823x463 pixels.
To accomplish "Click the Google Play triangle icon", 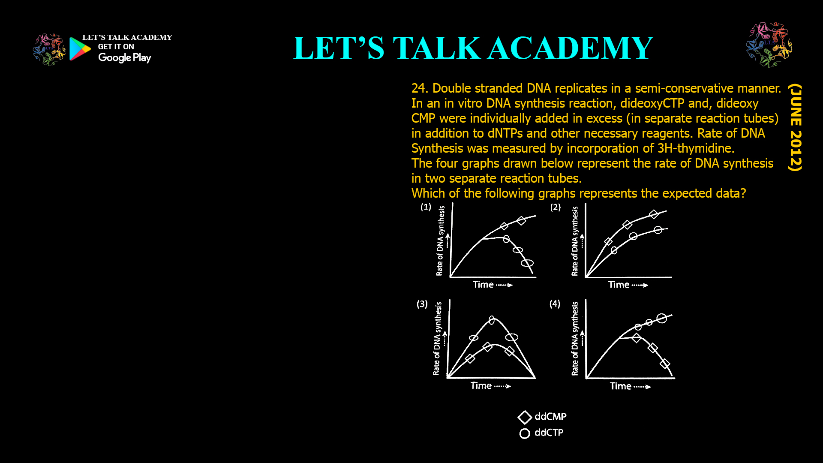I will point(80,49).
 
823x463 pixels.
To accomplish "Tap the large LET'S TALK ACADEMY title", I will point(473,48).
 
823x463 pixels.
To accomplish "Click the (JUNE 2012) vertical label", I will point(796,127).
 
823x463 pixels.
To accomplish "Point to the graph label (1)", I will point(426,207).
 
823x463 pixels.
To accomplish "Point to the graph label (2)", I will point(556,207).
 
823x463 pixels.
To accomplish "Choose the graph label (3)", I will point(422,304).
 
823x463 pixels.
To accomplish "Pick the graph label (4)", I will point(555,304).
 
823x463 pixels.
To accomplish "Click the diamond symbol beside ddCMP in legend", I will point(525,417).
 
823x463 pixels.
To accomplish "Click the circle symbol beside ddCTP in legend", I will point(525,433).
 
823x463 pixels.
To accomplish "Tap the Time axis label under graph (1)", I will point(483,285).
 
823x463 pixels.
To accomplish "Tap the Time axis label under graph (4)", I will point(620,386).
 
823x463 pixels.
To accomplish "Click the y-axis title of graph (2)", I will point(575,241).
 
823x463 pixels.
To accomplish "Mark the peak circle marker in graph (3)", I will point(492,320).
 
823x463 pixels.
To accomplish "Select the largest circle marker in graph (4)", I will point(662,318).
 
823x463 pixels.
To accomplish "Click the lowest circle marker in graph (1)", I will point(527,263).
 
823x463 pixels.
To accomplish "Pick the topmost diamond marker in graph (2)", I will point(654,214).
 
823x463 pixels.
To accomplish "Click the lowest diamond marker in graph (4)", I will point(665,364).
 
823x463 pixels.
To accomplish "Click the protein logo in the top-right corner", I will point(769,45).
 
